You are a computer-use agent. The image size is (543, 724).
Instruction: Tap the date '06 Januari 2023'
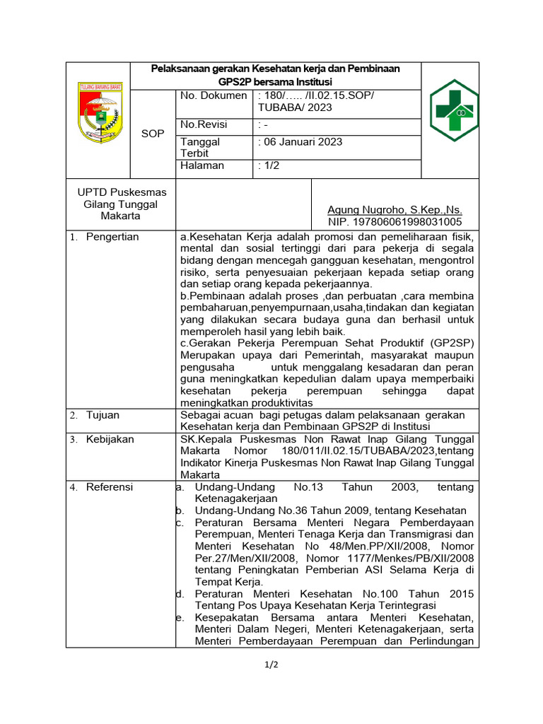click(x=301, y=141)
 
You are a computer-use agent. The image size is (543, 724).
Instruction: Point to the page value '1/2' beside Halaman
click(x=268, y=165)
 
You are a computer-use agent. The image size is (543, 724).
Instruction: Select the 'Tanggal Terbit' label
click(x=200, y=148)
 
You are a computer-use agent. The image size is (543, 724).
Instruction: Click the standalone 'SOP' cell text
click(x=152, y=134)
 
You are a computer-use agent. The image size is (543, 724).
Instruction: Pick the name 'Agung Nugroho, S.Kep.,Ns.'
click(x=395, y=210)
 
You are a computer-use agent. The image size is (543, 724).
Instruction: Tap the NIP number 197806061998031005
click(x=395, y=221)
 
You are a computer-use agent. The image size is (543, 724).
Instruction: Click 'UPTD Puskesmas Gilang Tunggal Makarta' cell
click(x=121, y=204)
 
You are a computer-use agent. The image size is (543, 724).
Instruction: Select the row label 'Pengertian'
click(x=112, y=237)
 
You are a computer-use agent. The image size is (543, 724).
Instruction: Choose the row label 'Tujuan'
click(x=103, y=415)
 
